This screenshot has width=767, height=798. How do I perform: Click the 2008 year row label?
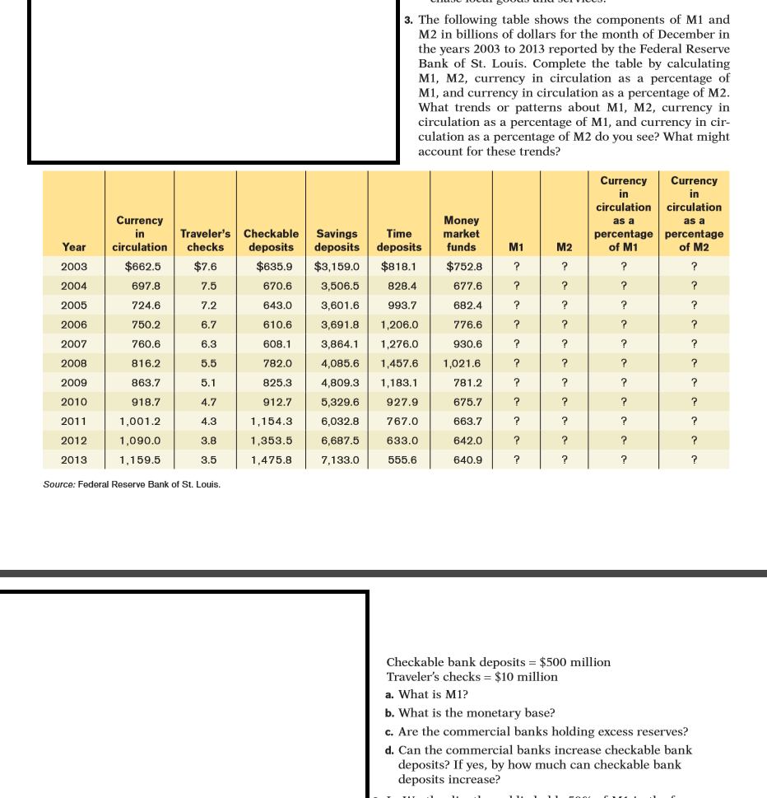[x=73, y=363]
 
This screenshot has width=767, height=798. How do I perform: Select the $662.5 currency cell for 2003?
[x=142, y=266]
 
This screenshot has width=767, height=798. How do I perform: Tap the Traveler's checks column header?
[x=205, y=240]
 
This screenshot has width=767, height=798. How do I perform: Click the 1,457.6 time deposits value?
[x=399, y=363]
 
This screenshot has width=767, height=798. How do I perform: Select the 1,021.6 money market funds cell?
[x=462, y=363]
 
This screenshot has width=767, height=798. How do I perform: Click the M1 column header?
[x=516, y=246]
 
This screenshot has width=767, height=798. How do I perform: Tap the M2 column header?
[x=564, y=246]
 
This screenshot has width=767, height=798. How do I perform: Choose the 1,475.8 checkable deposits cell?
[x=271, y=460]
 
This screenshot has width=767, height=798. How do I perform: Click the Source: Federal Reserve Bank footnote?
[x=132, y=484]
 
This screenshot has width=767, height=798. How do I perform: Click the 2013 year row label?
[x=73, y=460]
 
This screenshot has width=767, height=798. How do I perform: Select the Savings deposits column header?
[x=337, y=240]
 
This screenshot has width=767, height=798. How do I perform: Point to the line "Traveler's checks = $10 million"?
[x=472, y=677]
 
